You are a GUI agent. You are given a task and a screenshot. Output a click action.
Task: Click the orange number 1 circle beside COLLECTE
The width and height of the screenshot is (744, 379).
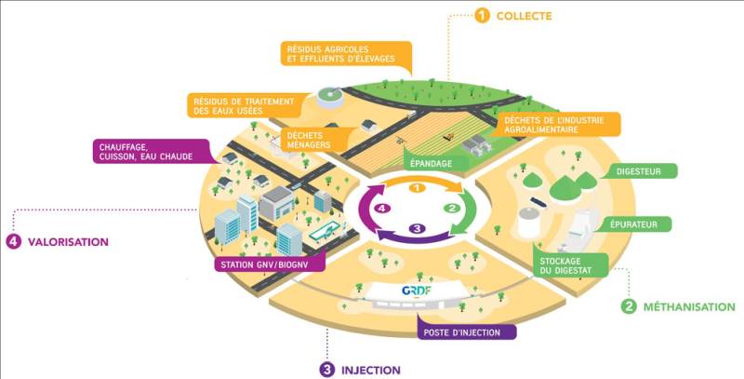point(482,15)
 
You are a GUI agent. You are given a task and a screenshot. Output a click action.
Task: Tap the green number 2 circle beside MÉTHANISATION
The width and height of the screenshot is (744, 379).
point(629,305)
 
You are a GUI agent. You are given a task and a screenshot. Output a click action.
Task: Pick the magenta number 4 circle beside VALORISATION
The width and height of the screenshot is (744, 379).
point(13,241)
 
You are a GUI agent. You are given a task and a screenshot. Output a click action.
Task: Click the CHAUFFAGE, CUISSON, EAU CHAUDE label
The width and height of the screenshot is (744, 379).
point(145,151)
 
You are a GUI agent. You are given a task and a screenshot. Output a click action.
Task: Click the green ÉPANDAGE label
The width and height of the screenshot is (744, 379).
point(432,164)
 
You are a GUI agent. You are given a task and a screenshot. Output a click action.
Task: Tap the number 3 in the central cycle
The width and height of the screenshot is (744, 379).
point(418,228)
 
